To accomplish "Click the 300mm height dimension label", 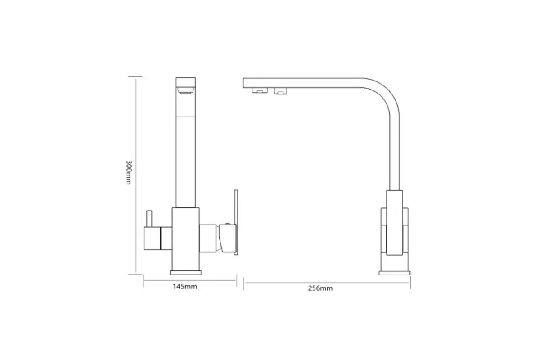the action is click(x=129, y=172).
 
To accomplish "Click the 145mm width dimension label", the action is click(x=185, y=287).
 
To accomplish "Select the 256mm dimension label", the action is click(x=320, y=288).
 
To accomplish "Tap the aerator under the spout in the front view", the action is click(x=185, y=90).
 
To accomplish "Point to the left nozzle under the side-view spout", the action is click(x=260, y=90).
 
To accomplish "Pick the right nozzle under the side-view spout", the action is click(x=280, y=91).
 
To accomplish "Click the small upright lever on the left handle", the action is click(x=149, y=219).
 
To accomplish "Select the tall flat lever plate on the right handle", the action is click(x=236, y=222).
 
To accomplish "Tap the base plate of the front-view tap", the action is click(x=185, y=272).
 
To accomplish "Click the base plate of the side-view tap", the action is click(x=394, y=273).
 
